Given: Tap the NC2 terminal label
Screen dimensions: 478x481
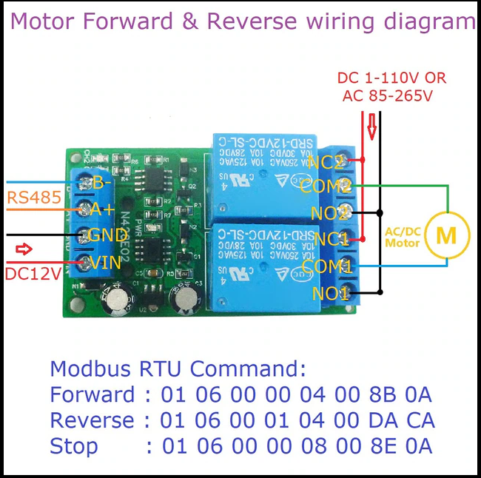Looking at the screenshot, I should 326,162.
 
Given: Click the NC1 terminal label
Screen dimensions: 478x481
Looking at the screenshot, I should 329,239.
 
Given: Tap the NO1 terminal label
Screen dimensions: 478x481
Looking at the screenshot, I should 330,294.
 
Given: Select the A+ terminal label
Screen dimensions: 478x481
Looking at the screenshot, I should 99,209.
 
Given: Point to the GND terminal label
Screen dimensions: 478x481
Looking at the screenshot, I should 108,236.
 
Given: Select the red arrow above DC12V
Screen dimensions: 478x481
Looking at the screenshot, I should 24,249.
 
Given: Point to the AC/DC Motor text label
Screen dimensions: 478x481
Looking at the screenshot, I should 403,237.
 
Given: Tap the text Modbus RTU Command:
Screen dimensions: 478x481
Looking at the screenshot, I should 178,369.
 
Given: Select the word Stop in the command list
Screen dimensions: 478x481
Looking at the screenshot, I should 73,446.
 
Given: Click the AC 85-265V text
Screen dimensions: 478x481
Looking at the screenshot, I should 387,95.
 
